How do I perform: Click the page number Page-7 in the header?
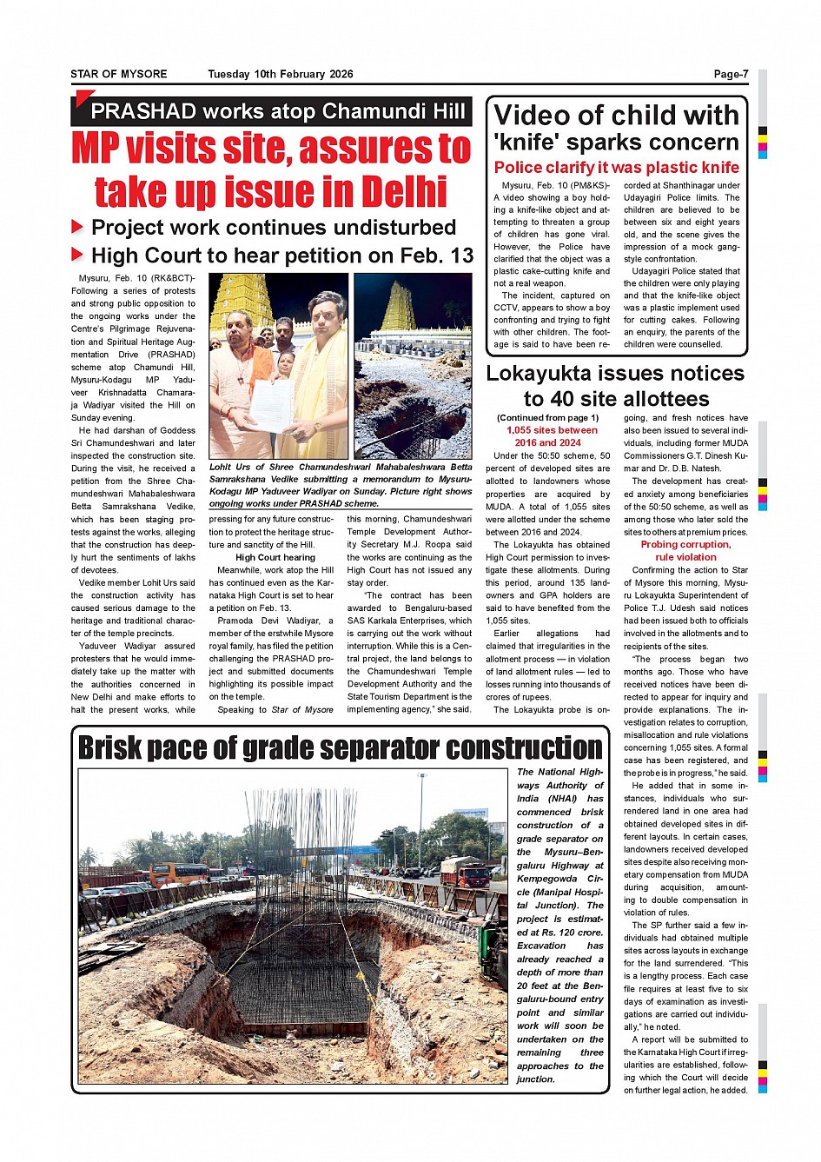731,74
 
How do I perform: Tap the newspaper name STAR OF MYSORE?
119,74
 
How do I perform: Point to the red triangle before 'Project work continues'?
77,228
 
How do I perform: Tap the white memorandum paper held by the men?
272,406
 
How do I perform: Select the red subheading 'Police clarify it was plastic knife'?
616,168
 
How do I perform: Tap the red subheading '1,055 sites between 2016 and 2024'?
552,436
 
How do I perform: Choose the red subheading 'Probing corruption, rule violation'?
685,550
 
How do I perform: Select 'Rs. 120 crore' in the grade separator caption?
572,933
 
